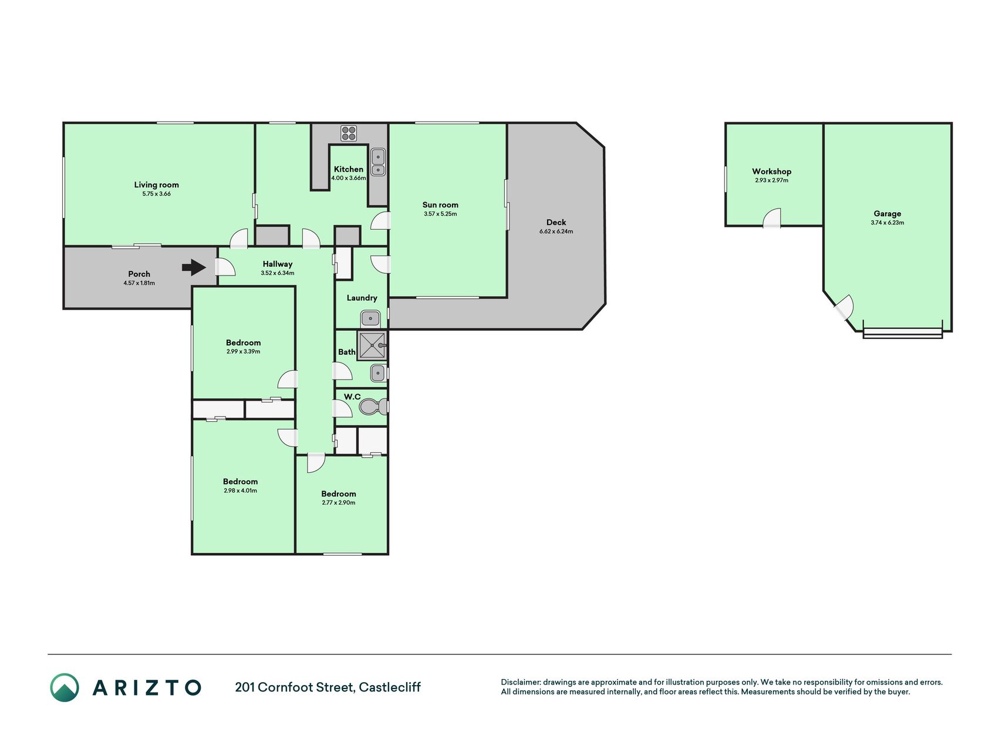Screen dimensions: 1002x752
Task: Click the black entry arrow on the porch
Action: pyautogui.click(x=194, y=268)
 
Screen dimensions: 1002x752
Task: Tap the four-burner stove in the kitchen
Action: pyautogui.click(x=349, y=133)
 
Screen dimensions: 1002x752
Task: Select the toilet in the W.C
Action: pyautogui.click(x=373, y=407)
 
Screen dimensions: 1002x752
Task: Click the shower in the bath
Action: pyautogui.click(x=372, y=345)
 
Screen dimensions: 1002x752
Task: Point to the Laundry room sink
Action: pyautogui.click(x=370, y=319)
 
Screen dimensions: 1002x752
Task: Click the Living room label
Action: pyautogui.click(x=156, y=184)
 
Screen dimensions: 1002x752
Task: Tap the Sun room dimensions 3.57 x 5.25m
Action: pyautogui.click(x=440, y=214)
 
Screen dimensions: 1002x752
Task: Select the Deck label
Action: pyautogui.click(x=556, y=222)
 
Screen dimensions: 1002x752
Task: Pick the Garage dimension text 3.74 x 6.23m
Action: pyautogui.click(x=887, y=223)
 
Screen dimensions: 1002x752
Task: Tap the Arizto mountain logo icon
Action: pyautogui.click(x=65, y=687)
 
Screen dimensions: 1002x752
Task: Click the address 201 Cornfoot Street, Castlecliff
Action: pyautogui.click(x=328, y=687)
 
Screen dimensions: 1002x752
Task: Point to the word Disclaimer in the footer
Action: pyautogui.click(x=520, y=682)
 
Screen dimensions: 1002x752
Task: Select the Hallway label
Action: pyautogui.click(x=277, y=264)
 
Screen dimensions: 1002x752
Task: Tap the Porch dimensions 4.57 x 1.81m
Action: pyautogui.click(x=139, y=283)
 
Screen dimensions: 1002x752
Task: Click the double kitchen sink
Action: pyautogui.click(x=379, y=162)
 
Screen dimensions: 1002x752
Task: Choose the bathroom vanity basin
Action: pyautogui.click(x=378, y=372)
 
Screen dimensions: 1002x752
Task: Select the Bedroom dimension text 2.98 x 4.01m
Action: pyautogui.click(x=240, y=491)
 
